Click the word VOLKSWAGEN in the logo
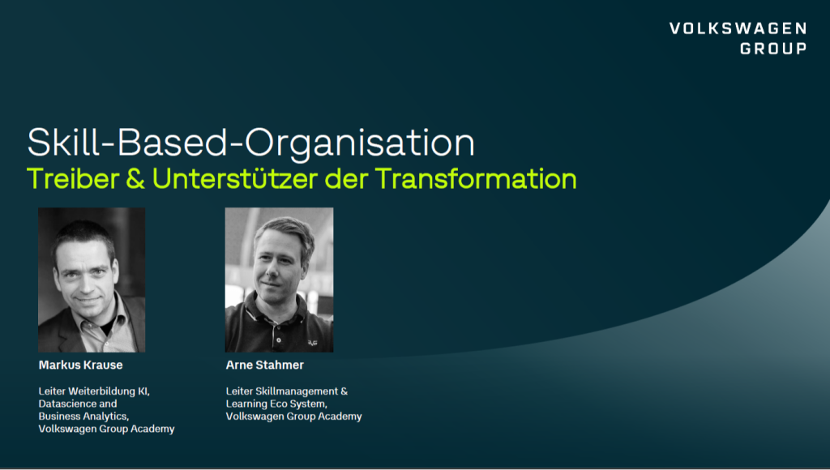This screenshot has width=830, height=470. (738, 29)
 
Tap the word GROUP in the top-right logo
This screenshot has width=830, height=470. (772, 49)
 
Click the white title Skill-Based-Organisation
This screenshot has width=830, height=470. (250, 143)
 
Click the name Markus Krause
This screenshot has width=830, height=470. (81, 365)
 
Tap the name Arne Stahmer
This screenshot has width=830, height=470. (265, 365)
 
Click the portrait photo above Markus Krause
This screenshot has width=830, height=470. (92, 280)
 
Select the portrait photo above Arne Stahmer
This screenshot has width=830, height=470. (279, 280)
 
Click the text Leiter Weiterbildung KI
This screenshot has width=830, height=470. (94, 391)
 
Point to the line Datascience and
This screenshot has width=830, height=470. (78, 404)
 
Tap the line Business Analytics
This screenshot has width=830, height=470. (83, 417)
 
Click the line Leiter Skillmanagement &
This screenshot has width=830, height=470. (286, 391)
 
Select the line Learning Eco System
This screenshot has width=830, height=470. (276, 404)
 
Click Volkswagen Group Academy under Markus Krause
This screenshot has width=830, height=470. (106, 429)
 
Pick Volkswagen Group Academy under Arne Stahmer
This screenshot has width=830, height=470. (293, 417)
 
